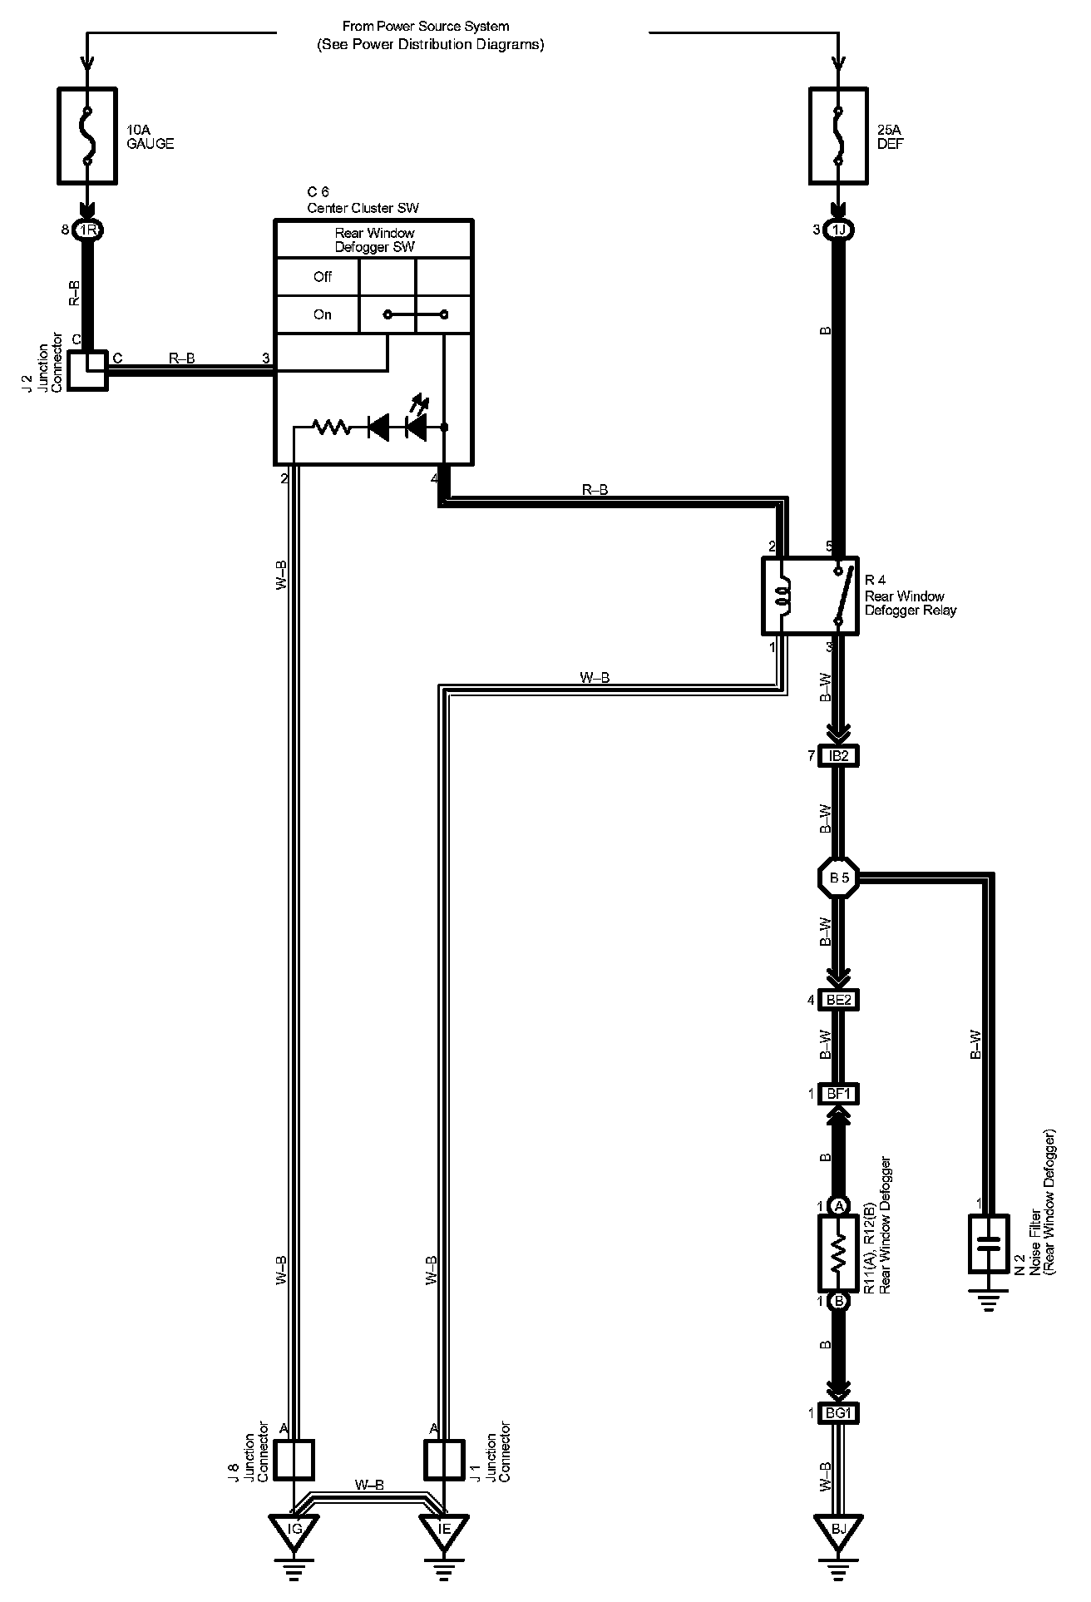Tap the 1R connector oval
[87, 230]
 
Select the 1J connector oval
[839, 230]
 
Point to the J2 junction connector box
[87, 370]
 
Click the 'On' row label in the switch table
[323, 314]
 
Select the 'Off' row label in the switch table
[323, 277]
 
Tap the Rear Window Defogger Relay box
[811, 596]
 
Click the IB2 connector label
[838, 756]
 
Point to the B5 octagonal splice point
[838, 878]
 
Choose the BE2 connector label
[838, 1000]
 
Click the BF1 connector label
[838, 1094]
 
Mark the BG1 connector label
[838, 1413]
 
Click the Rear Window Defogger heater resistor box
[839, 1253]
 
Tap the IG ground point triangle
[294, 1528]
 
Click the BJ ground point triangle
[838, 1528]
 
